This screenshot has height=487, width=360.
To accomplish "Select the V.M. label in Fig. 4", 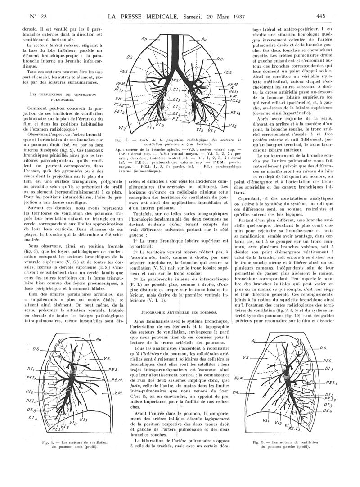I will [119, 393].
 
